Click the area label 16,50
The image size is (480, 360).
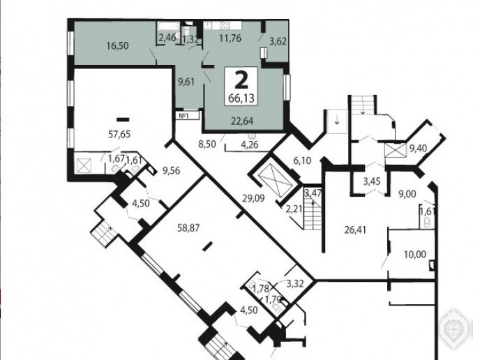point(117,46)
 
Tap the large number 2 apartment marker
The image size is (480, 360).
point(241,80)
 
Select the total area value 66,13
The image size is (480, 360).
point(241,98)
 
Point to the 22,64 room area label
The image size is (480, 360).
point(242,121)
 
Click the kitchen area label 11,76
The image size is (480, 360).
point(230,38)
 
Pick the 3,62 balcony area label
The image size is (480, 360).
point(278,41)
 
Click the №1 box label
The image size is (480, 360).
point(183,116)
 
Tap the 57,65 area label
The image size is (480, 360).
point(119,134)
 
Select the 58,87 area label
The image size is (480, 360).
point(188,227)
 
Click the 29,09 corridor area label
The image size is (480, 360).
point(253,198)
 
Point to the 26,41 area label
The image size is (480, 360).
point(355,230)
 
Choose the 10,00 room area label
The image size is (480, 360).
point(415,254)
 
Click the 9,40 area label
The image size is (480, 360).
point(418,149)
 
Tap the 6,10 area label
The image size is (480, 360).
point(302,160)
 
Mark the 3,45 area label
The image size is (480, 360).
point(372,181)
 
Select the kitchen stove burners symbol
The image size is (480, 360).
point(225,25)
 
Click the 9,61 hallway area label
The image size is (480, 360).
point(186,82)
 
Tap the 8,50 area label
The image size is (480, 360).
point(207,144)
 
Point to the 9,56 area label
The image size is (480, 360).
point(172,171)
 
